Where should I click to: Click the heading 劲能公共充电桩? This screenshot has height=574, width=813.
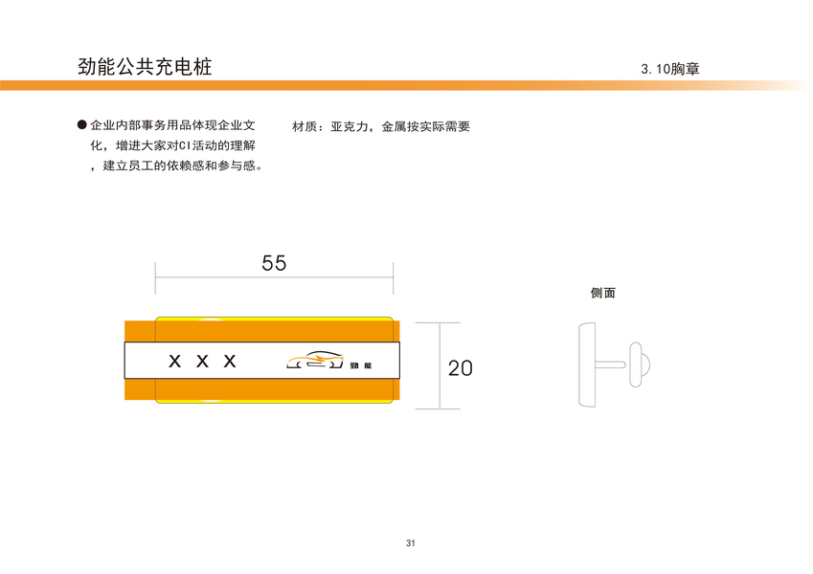click(145, 67)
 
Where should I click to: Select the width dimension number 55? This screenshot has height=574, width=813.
click(274, 263)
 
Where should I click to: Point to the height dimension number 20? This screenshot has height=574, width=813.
click(461, 367)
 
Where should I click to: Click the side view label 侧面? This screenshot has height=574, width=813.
click(602, 293)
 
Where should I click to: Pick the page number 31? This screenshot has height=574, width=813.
click(410, 543)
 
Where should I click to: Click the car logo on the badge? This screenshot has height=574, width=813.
click(314, 361)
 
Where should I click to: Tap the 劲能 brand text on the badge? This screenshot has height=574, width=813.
click(361, 364)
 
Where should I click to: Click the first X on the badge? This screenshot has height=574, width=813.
click(174, 362)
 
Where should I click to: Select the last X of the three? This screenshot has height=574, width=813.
click(230, 362)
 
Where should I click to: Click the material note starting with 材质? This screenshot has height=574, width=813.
click(380, 126)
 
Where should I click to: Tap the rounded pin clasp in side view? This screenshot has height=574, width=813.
click(639, 365)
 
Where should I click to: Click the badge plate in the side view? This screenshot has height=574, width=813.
click(586, 364)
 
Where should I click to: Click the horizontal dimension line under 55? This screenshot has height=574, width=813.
click(274, 279)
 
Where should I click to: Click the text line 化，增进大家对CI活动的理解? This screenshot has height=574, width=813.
click(172, 146)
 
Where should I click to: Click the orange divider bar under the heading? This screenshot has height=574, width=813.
click(383, 85)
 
